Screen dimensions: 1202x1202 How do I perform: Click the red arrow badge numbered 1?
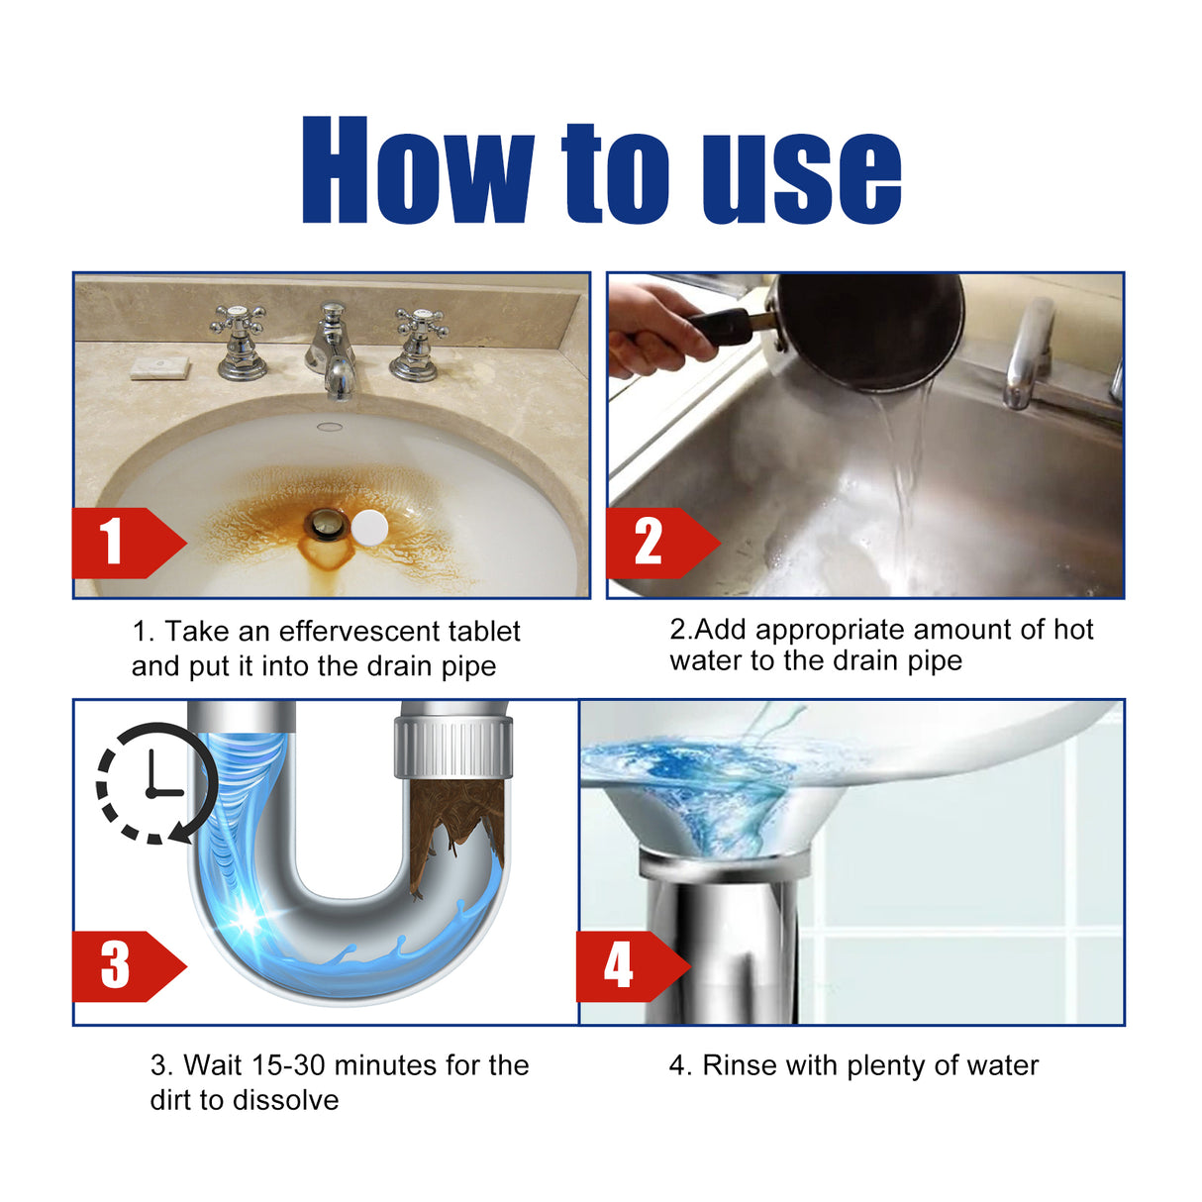click(x=124, y=543)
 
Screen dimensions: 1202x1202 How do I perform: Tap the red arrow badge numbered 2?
click(x=657, y=543)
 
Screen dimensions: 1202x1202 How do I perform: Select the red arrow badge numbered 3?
click(x=124, y=965)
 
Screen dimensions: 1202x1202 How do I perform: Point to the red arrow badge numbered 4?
click(x=628, y=965)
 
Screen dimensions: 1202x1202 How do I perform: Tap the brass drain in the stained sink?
click(x=325, y=524)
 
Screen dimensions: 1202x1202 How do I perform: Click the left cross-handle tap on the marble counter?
click(x=240, y=342)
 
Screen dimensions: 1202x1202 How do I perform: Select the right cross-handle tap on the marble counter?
click(x=418, y=343)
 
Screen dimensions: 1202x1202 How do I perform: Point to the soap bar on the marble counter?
click(x=159, y=367)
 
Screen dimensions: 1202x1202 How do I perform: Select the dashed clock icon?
click(x=153, y=783)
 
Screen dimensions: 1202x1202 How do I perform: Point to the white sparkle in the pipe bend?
click(x=245, y=920)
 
